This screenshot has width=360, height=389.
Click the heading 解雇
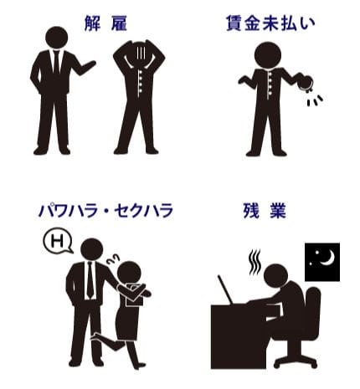105,23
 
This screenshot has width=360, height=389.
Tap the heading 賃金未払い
270,23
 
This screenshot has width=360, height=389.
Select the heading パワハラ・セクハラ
105,211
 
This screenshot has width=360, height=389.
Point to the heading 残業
265,211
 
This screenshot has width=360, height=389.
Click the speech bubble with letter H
58,241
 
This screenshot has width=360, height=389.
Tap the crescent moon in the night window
327,258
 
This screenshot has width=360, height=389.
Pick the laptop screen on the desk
225,289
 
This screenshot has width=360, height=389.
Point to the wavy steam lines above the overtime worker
255,262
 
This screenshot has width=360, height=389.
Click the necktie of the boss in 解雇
57,62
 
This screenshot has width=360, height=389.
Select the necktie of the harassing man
90,279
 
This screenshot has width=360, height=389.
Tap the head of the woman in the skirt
129,273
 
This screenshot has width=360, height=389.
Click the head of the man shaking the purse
268,54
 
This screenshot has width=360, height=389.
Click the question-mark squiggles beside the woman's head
113,259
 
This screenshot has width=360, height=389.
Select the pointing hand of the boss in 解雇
89,66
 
